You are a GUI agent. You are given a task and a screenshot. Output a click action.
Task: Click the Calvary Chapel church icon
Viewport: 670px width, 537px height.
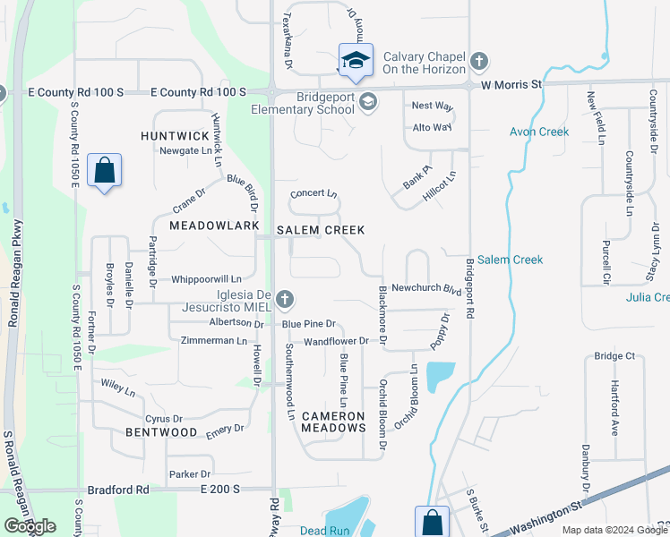click(479, 62)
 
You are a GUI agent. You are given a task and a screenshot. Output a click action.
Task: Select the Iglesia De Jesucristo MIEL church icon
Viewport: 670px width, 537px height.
click(284, 299)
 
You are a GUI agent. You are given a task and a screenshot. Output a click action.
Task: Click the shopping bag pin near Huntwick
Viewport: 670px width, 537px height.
click(105, 170)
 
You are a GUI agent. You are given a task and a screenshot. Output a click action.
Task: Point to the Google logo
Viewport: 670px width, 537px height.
click(30, 526)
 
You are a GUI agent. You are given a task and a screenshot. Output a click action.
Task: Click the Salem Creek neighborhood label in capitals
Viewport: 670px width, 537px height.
click(320, 230)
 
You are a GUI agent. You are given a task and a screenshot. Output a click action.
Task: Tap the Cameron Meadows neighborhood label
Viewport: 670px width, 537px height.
click(332, 422)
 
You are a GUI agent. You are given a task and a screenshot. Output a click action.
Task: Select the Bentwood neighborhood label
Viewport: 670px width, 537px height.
click(161, 432)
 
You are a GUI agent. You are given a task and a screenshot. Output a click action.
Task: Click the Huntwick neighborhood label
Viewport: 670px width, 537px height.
click(174, 136)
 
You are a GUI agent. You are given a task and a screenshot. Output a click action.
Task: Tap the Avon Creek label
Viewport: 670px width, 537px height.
click(539, 132)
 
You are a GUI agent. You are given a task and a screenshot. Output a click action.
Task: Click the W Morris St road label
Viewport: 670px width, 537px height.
click(512, 85)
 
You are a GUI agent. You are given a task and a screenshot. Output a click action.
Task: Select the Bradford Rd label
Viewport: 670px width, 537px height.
click(118, 490)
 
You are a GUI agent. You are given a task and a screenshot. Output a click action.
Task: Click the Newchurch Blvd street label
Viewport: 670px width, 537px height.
click(426, 289)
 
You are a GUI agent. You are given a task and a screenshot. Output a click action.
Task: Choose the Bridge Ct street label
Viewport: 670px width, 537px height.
click(614, 356)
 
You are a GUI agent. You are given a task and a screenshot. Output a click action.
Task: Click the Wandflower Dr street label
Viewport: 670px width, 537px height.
click(336, 341)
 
